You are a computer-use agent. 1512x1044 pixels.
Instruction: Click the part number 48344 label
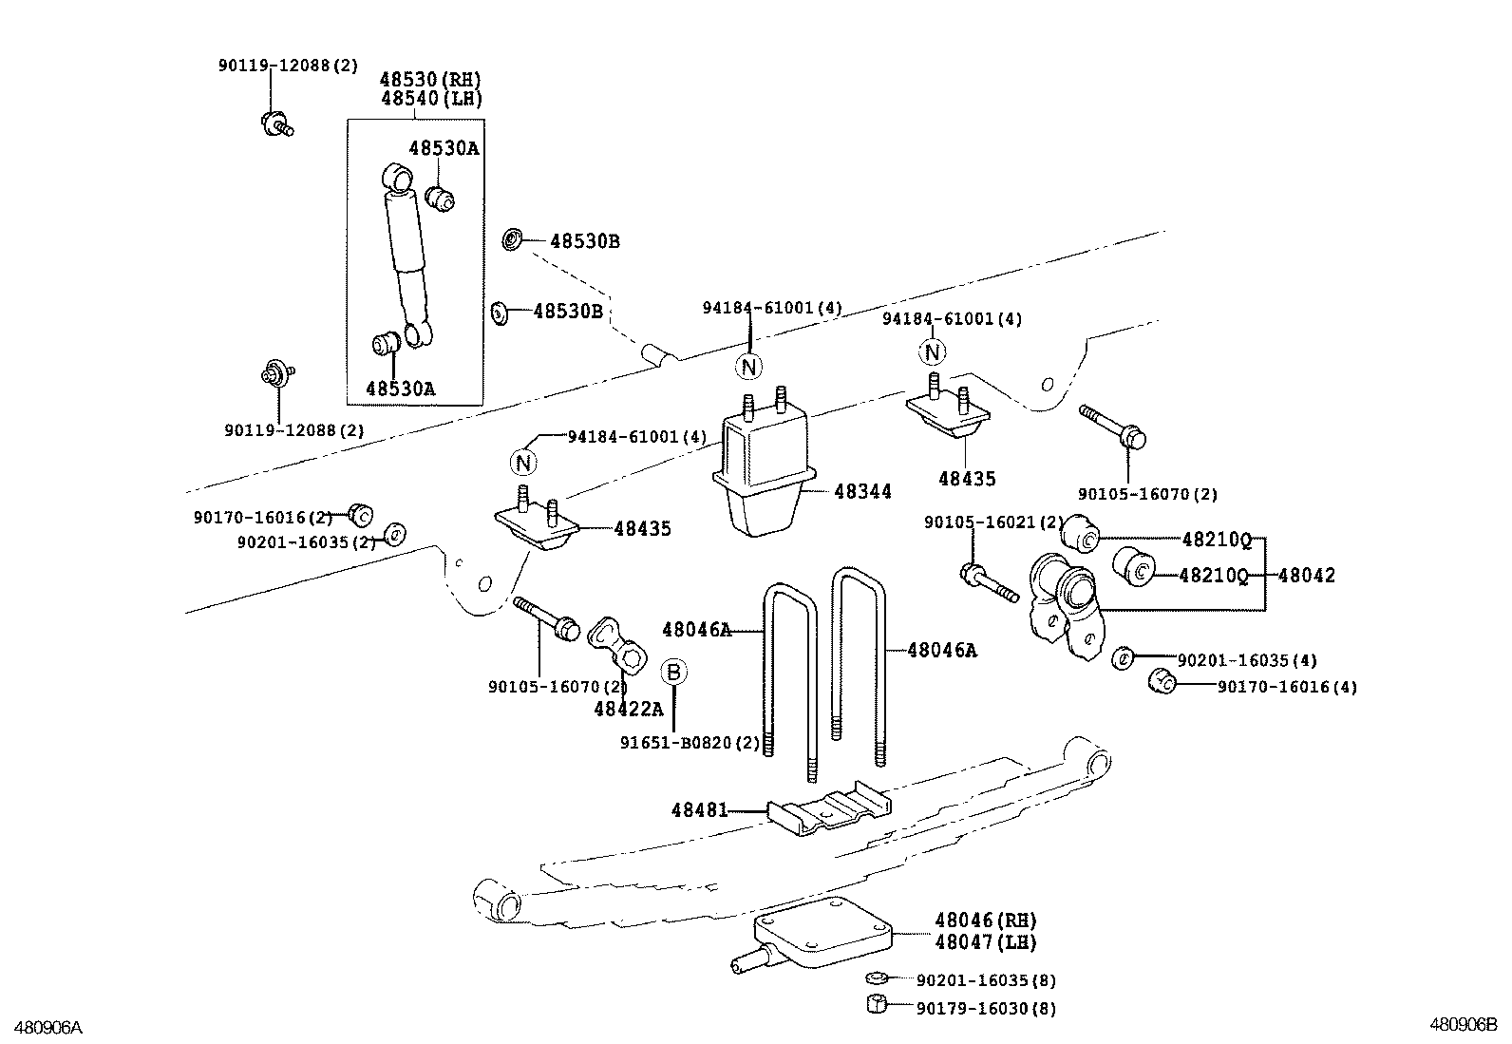862,492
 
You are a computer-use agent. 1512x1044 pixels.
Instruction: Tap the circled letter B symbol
673,672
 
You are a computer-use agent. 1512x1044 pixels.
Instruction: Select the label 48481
699,810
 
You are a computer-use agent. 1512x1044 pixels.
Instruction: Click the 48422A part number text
628,709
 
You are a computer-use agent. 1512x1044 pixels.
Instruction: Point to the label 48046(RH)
985,920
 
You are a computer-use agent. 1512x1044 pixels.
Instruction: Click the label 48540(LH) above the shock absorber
431,99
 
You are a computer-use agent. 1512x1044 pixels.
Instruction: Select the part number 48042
1306,575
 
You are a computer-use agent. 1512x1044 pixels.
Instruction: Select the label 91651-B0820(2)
690,743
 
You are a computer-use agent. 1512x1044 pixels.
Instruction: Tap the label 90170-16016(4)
1287,687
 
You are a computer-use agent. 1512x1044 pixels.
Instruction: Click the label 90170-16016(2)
262,518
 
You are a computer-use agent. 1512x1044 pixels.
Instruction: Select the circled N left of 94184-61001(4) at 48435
522,463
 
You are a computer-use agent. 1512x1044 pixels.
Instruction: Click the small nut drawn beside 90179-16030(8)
878,1004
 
